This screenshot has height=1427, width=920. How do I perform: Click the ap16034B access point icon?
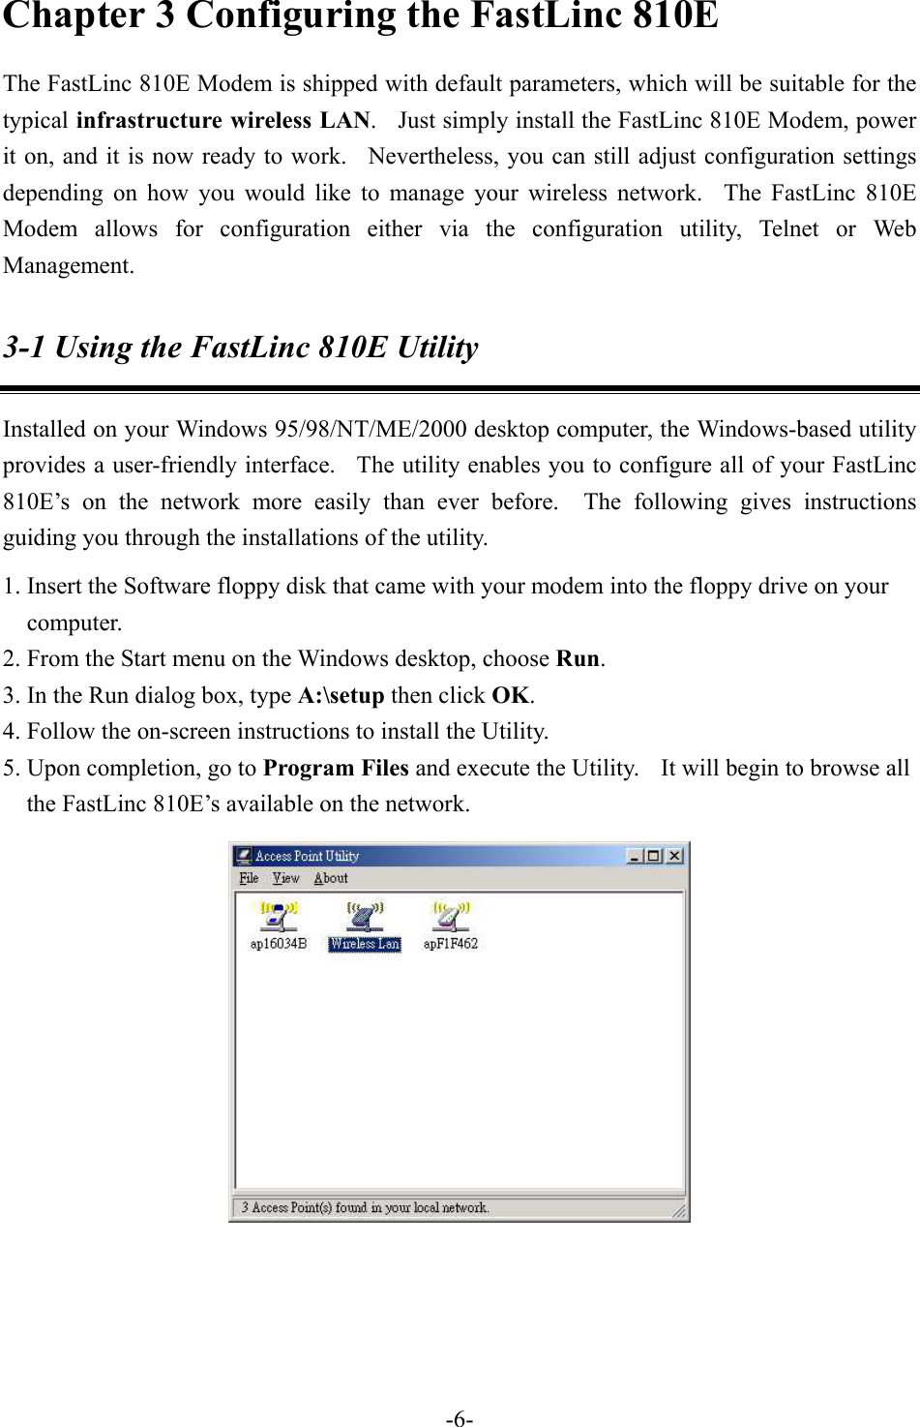point(278,914)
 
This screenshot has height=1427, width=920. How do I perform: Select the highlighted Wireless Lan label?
point(364,944)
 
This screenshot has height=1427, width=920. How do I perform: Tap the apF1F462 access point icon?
point(450,914)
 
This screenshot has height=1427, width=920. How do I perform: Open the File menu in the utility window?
point(249,878)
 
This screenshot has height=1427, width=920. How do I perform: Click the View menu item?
point(285,878)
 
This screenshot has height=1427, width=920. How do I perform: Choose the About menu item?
point(330,878)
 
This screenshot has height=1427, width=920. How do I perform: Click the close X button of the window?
point(674,856)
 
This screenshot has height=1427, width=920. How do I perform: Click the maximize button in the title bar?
point(654,856)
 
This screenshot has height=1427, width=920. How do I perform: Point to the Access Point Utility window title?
point(307,856)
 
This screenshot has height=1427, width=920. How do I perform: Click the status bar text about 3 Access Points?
point(365,1207)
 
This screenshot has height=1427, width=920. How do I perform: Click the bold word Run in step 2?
point(579,659)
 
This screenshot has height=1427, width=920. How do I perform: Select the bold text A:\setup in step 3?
point(341,695)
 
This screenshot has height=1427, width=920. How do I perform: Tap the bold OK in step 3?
point(511,695)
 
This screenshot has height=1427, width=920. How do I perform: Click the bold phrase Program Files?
point(336,769)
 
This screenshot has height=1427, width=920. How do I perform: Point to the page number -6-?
point(460,1419)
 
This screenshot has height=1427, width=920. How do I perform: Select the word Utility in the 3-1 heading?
point(437,348)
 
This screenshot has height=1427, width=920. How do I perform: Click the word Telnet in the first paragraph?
point(788,229)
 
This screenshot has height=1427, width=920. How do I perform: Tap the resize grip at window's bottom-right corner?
point(680,1212)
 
